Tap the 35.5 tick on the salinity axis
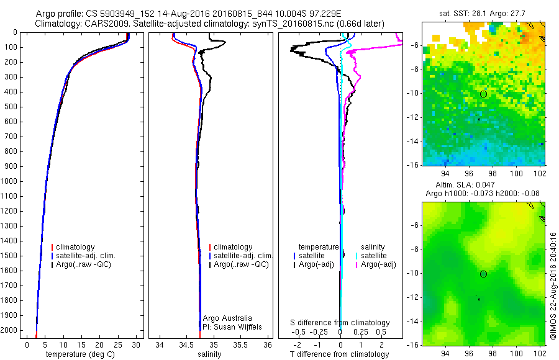click(241, 344)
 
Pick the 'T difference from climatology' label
click(339, 354)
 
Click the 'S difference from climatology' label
click(340, 323)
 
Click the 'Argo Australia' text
click(227, 318)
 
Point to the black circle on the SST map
click(483, 94)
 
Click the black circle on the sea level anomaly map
click(483, 274)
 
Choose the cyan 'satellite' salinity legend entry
click(373, 256)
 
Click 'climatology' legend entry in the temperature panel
click(77, 247)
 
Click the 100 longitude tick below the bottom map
click(515, 353)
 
